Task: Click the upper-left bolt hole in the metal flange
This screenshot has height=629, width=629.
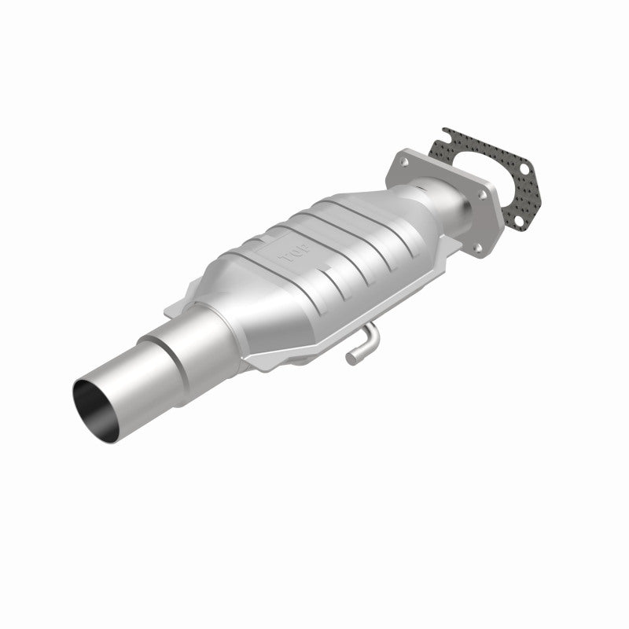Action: (x=404, y=161)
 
